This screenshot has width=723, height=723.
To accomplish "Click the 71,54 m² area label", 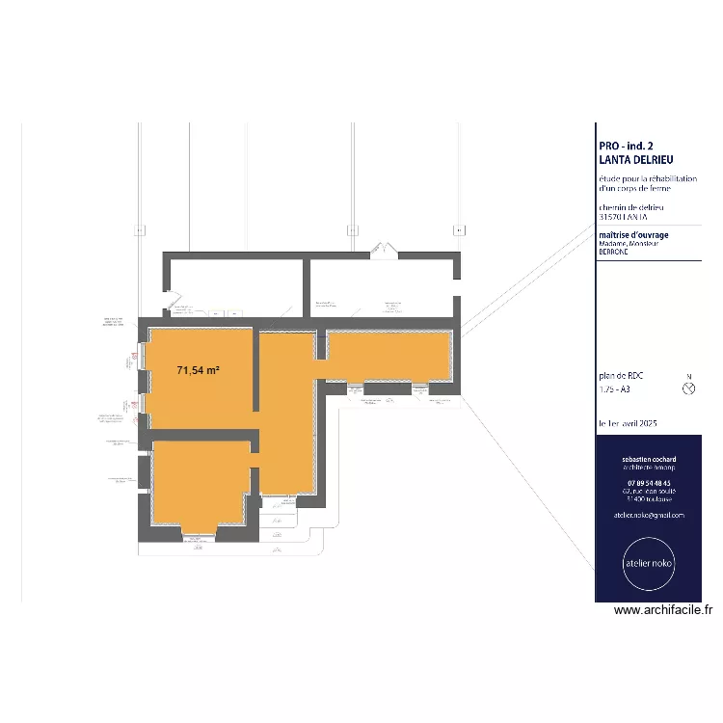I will [x=199, y=369].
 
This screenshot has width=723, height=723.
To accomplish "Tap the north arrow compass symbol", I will [x=687, y=388].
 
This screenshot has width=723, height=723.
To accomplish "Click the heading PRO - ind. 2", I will [x=626, y=146].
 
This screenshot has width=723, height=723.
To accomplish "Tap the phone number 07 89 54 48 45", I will [x=649, y=483].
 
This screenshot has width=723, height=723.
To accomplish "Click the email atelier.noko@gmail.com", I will [x=649, y=515].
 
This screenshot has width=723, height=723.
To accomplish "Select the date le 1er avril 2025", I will [x=629, y=424].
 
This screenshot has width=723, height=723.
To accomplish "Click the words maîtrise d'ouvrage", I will [x=633, y=234].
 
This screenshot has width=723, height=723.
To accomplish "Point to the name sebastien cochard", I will [x=649, y=460].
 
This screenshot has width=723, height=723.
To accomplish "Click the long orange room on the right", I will [x=388, y=356].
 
